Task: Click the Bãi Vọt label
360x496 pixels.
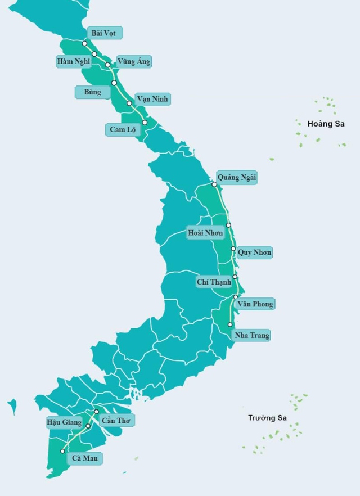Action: pos(103,33)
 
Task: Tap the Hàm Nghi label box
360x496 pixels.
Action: pos(74,61)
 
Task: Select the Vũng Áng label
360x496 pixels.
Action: pos(133,61)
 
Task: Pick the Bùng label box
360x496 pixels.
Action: pos(92,92)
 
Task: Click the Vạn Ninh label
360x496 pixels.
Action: pos(152,99)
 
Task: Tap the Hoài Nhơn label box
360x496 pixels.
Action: pos(205,232)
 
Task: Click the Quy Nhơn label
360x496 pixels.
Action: pos(254,252)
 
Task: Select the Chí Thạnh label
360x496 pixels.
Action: pos(214,282)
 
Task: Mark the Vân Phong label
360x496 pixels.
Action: pos(255,304)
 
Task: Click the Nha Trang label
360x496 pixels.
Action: pos(251,335)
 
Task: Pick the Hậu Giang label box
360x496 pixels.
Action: pos(64,422)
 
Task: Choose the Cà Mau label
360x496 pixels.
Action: pos(85,458)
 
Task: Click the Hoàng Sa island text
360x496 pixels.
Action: pos(326,124)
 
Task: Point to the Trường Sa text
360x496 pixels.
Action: pos(267,418)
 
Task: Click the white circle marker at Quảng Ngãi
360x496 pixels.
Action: pos(214,184)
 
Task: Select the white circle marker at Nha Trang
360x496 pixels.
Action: pos(230,324)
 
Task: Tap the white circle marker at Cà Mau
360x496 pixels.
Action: pos(62,451)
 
